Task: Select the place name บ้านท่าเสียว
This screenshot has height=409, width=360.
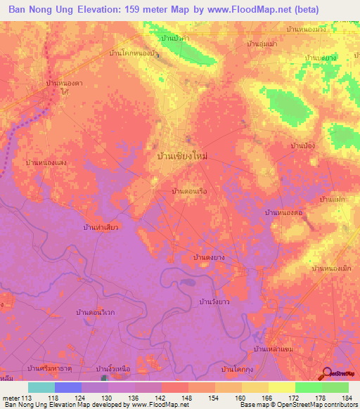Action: tap(101, 228)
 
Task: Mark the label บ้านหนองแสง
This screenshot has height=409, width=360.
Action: tap(46, 162)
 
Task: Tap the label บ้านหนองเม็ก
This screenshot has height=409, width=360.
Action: tap(330, 268)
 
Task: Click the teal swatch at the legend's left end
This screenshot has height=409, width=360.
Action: tap(41, 387)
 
